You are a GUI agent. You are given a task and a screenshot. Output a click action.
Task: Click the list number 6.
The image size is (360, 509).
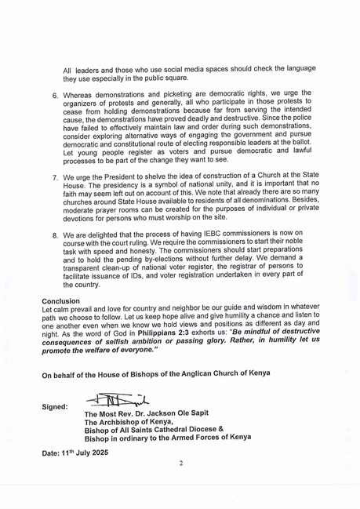pos(55,95)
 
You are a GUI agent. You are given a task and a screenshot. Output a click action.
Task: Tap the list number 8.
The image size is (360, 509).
pos(55,234)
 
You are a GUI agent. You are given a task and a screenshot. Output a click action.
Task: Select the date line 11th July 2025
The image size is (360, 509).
pos(75,453)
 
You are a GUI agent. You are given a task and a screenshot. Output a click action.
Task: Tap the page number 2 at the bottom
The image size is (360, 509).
pos(180,464)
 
